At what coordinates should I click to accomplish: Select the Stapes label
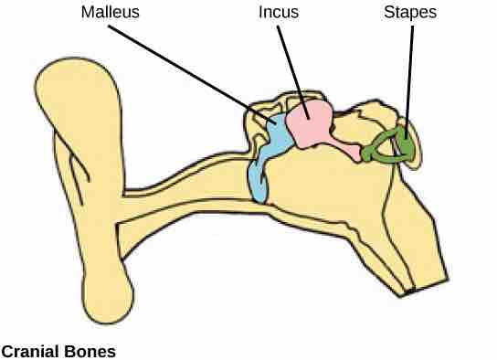tap(410, 14)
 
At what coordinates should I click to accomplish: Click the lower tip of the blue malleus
tap(259, 194)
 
